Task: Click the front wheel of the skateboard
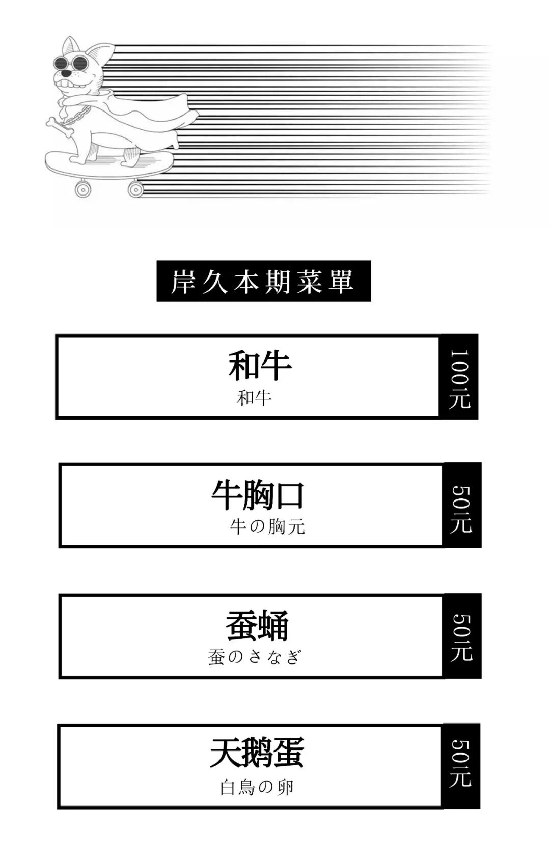click(82, 189)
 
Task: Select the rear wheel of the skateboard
click(135, 189)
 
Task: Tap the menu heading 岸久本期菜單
click(263, 281)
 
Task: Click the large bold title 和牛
click(260, 365)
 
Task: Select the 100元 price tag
click(459, 377)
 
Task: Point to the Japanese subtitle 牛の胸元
click(267, 526)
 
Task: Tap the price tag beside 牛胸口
click(462, 506)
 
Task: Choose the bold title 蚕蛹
click(257, 626)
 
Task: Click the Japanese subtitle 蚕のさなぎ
click(255, 657)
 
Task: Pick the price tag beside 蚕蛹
click(462, 636)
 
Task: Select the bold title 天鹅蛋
click(257, 753)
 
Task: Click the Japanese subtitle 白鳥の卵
click(257, 787)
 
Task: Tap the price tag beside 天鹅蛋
click(461, 766)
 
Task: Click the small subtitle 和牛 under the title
click(254, 398)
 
